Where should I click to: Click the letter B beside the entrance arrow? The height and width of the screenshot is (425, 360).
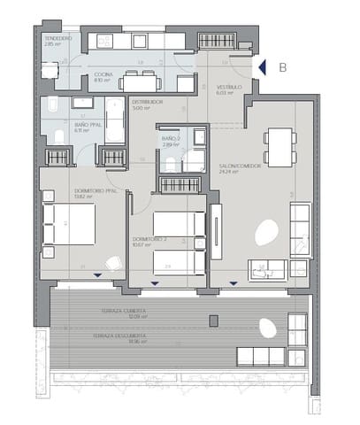tap(282, 66)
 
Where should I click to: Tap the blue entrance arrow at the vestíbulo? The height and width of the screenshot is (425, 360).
tap(260, 67)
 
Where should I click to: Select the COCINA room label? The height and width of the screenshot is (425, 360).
tap(103, 76)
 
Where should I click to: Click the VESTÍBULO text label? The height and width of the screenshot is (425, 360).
tap(230, 88)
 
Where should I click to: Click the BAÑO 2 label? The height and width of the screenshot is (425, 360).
tap(172, 140)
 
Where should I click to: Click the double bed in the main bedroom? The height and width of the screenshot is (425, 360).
tap(72, 223)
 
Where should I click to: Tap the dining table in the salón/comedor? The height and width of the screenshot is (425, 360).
tap(280, 146)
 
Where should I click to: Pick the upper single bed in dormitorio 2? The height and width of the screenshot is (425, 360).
tap(177, 223)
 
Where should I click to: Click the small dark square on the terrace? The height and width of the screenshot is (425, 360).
tap(213, 320)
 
